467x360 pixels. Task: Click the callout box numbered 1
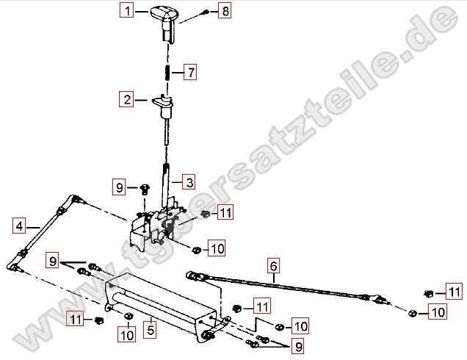click(126, 11)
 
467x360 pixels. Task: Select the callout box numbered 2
click(126, 99)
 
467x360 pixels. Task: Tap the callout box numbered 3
click(189, 181)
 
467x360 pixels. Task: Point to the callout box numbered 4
click(19, 226)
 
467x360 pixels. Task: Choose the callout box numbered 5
click(150, 330)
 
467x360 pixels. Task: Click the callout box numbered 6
click(273, 265)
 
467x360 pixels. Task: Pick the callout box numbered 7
click(190, 72)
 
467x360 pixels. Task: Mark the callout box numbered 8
click(225, 11)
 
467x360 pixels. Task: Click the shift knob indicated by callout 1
click(164, 22)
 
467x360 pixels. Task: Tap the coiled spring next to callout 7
click(167, 73)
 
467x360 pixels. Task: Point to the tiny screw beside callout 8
click(205, 12)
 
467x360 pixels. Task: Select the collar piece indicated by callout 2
click(164, 106)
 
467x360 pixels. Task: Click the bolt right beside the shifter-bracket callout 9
click(145, 190)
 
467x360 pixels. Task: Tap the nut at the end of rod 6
click(412, 313)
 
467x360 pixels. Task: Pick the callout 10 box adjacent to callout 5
click(127, 334)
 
